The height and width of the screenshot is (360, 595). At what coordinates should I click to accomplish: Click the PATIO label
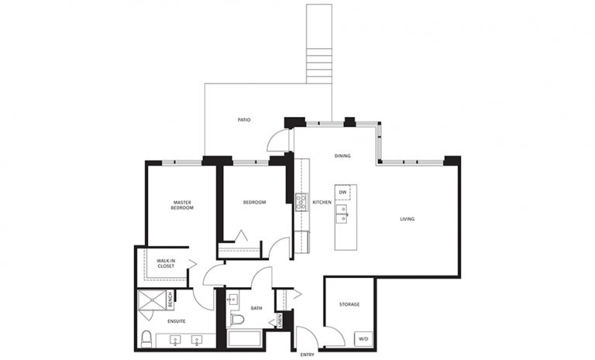tap(244, 120)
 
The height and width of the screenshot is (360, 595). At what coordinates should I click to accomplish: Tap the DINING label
tap(342, 156)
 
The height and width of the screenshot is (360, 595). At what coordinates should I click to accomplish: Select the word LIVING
tap(407, 219)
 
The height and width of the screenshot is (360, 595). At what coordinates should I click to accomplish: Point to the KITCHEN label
tap(322, 202)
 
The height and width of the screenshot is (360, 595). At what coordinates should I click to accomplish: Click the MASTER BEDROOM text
tap(182, 206)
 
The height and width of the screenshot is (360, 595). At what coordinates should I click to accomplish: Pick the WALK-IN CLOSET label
tap(165, 264)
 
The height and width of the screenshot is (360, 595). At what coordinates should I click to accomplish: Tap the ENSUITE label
tap(176, 320)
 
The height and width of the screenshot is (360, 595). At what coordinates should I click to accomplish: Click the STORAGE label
tap(349, 304)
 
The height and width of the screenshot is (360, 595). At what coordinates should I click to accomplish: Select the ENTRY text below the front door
tap(307, 355)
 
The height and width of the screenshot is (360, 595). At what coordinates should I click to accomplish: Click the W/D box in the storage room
tap(362, 339)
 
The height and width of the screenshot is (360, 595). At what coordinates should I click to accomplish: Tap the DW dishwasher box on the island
tap(342, 192)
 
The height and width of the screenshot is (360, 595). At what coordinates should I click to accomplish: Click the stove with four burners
tap(300, 202)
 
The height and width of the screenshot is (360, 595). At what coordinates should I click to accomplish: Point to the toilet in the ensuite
tap(146, 337)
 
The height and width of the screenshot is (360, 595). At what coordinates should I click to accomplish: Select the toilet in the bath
tap(238, 319)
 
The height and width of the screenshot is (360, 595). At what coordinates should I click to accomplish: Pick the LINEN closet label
tap(279, 319)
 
